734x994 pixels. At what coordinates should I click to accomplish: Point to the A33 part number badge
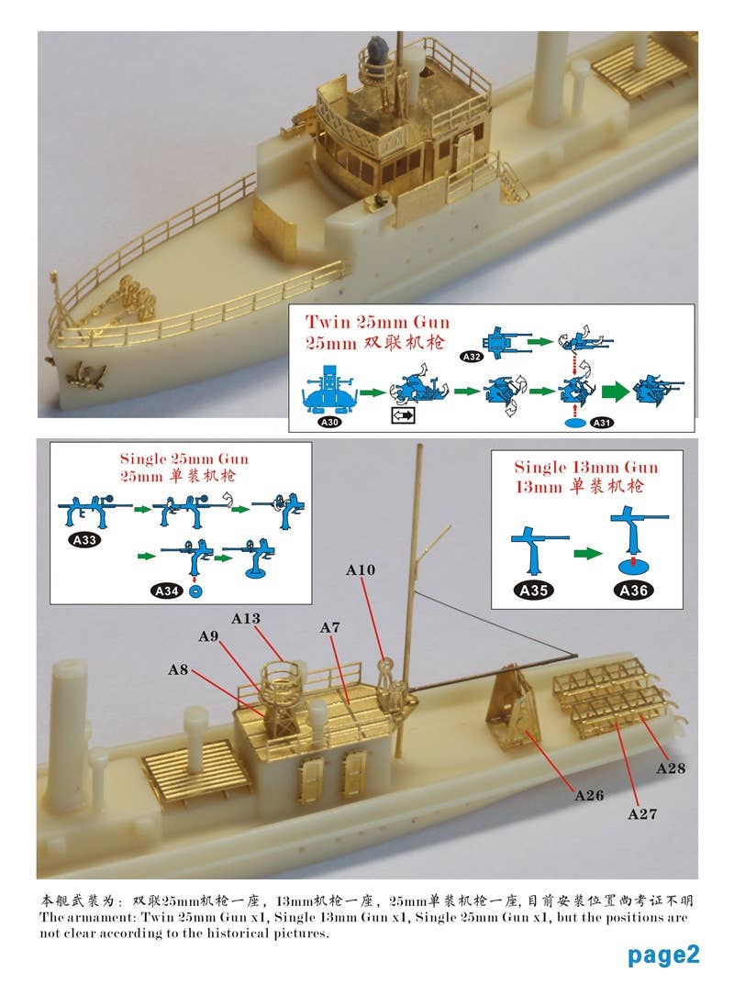pos(83,540)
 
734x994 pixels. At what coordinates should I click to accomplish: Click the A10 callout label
pos(361,570)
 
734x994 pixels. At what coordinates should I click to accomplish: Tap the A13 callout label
pos(246,619)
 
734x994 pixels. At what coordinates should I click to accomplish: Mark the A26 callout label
pos(589,795)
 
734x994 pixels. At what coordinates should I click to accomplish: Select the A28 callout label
pos(671,768)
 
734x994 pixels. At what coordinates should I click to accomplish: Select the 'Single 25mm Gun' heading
pos(183,458)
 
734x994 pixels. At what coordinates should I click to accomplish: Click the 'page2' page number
pos(663,955)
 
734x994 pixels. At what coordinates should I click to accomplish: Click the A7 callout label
pos(330,627)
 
